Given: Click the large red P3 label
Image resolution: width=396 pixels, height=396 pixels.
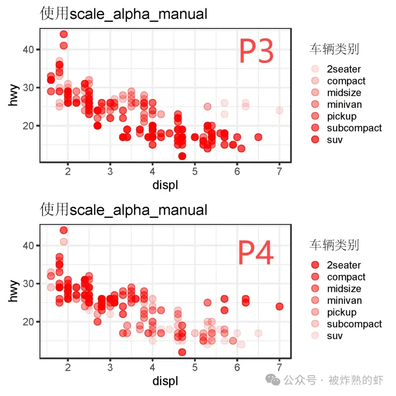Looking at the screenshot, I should pos(256,52).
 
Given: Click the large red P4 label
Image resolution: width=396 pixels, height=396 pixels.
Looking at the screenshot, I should pos(256,253).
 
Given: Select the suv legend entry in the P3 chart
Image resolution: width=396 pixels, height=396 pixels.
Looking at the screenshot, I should pos(334,140).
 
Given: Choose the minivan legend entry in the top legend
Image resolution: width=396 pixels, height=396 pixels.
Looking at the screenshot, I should pos(344,104).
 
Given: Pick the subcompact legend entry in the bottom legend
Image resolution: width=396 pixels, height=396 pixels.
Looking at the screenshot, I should pos(354,324).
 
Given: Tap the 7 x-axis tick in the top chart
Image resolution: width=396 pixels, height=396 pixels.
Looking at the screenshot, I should pos(279,170).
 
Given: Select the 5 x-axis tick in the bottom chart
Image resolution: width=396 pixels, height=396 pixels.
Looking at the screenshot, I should pos(195,367).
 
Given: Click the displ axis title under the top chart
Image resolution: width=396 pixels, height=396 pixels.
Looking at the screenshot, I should pos(165,185).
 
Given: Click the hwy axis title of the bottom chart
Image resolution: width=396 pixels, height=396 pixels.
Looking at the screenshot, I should pos(14,292).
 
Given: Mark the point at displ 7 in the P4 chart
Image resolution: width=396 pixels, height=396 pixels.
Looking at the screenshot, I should pos(279,306).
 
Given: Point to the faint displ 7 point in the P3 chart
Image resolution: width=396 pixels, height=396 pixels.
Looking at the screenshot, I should pos(279,110).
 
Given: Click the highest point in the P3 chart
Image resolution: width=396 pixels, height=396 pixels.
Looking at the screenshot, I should pos(63,34).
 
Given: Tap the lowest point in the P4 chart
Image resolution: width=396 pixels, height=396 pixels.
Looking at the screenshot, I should pos(182,352).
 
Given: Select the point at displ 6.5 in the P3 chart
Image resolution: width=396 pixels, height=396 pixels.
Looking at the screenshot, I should pos(258,137).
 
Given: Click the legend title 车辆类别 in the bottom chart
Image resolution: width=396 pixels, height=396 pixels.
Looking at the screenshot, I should pos(334,245).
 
